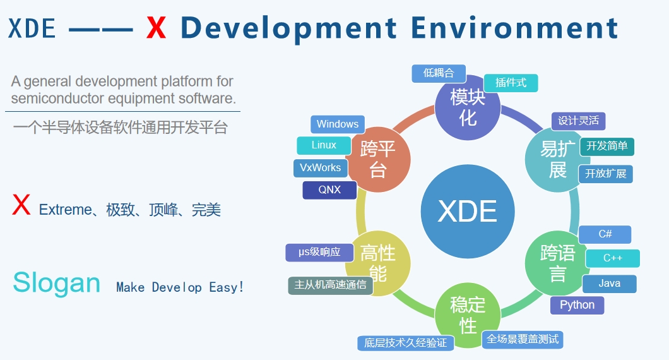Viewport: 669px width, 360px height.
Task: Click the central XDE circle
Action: tap(468, 212)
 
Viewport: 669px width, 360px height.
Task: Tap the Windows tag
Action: tap(338, 124)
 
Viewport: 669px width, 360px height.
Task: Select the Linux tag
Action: tap(324, 145)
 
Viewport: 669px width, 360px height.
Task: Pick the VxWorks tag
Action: tap(321, 168)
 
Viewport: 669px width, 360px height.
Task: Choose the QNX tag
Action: tap(329, 190)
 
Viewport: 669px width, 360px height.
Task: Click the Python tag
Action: tap(577, 305)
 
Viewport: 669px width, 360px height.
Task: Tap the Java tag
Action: tap(609, 284)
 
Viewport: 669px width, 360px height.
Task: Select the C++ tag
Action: tap(613, 258)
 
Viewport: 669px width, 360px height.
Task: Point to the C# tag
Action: tap(605, 234)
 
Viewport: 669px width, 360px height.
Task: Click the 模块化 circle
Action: tap(468, 107)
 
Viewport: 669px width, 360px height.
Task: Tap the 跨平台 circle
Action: tap(378, 159)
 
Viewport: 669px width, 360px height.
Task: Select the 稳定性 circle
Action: tap(468, 315)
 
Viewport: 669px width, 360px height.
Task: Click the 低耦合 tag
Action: tap(439, 73)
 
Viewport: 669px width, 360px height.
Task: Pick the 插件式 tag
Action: tap(511, 83)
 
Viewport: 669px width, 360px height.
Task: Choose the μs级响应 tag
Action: tap(319, 253)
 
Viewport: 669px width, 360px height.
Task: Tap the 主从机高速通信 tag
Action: tap(331, 285)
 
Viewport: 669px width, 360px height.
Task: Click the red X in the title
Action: tap(156, 28)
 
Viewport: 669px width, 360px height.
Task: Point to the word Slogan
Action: tap(57, 283)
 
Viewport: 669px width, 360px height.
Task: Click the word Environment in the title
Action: tap(514, 28)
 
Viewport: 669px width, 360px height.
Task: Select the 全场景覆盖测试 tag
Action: tap(523, 340)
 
